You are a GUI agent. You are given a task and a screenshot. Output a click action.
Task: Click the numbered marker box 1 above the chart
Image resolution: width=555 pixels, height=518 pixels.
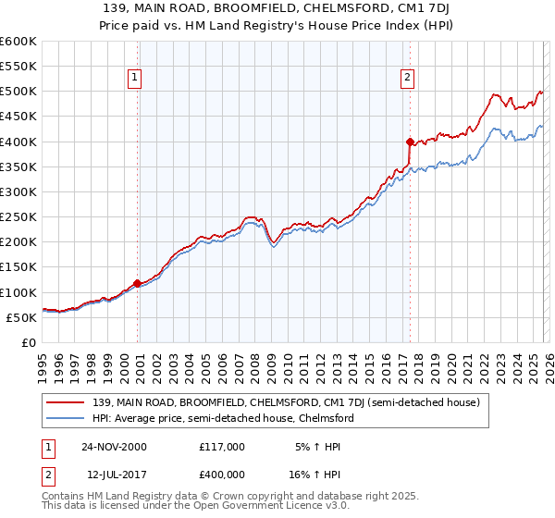pos(136,79)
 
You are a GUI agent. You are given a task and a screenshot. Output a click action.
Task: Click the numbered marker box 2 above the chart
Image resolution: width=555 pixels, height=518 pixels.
pos(407,79)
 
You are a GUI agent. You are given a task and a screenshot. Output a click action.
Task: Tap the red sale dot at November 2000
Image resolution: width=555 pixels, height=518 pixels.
pos(138,283)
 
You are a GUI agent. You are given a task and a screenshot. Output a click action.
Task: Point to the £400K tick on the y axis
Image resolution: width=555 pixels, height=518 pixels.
pos(18,142)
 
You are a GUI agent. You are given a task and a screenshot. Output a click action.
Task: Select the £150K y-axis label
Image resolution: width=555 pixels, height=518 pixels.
pos(18,267)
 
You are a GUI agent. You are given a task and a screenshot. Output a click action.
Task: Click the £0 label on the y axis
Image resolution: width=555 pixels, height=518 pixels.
pos(30,342)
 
